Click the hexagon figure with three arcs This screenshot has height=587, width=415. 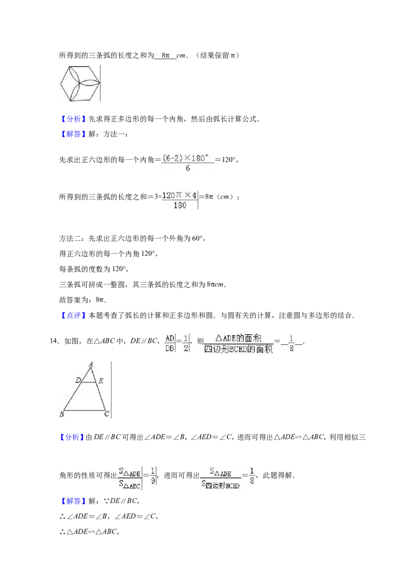click(x=80, y=83)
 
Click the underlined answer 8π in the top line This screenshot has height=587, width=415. click(x=165, y=55)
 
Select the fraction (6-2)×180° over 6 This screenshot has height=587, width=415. click(x=188, y=163)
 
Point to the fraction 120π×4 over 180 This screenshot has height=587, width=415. click(x=179, y=200)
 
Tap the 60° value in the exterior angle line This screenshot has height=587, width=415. click(x=197, y=239)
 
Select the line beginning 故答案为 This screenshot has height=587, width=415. click(x=83, y=300)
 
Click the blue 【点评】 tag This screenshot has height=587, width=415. click(x=74, y=316)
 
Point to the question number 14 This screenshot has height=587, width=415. click(x=54, y=341)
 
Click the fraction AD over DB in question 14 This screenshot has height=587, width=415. click(x=170, y=343)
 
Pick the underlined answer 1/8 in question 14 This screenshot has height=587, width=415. click(x=292, y=343)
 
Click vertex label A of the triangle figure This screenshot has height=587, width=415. click(x=91, y=364)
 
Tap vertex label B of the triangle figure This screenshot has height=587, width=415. click(x=61, y=414)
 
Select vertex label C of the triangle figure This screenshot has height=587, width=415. click(x=107, y=414)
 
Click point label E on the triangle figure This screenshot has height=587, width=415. click(x=101, y=381)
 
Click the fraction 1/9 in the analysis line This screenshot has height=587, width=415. click(x=153, y=476)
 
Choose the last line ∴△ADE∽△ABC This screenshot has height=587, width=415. click(x=89, y=532)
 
